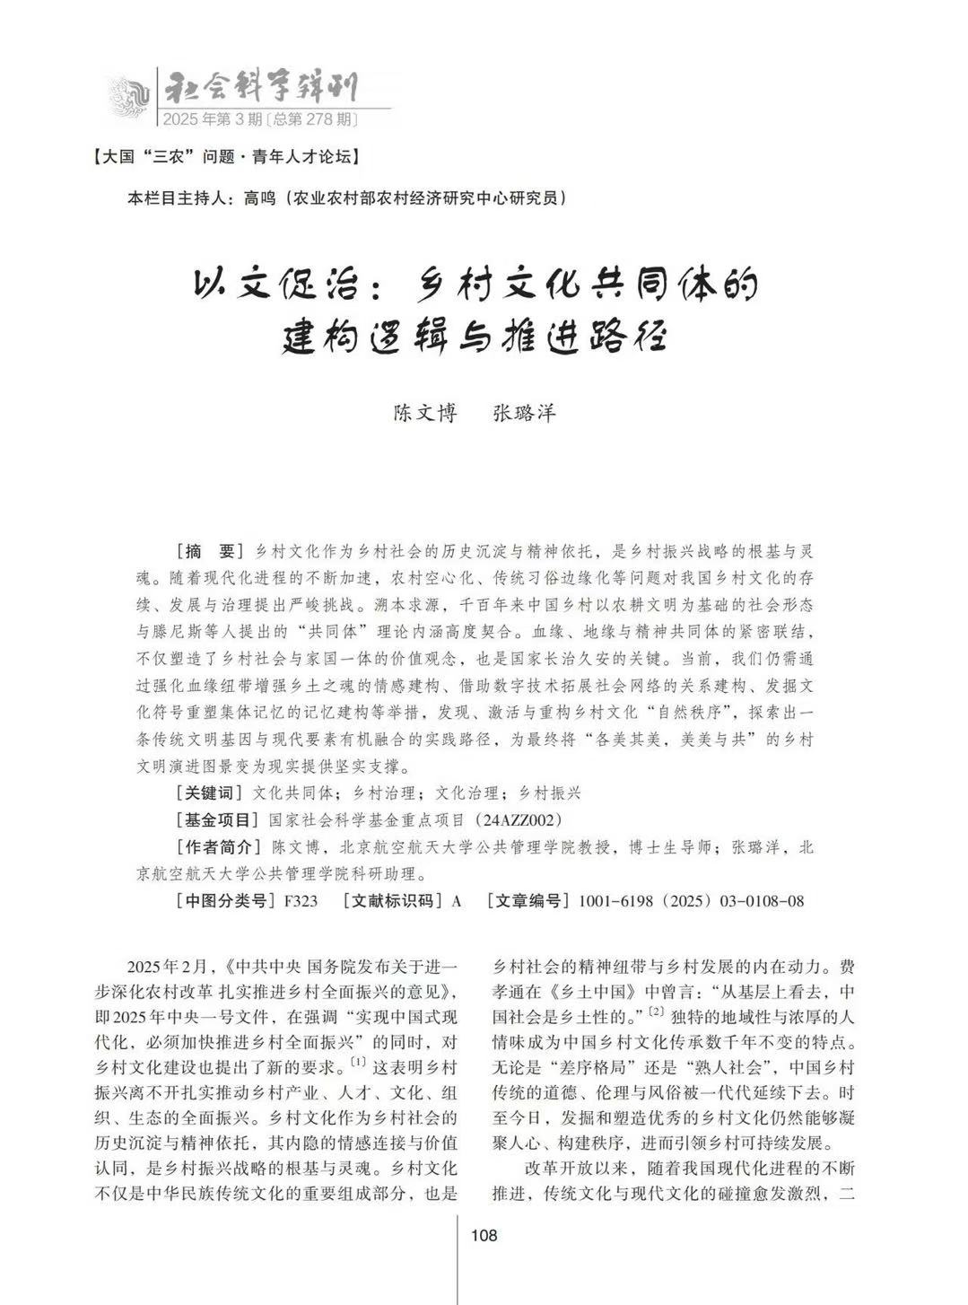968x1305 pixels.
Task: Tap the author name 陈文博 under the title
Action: click(x=425, y=413)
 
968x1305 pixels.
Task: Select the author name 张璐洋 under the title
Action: click(x=525, y=413)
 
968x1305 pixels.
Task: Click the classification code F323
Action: click(x=300, y=901)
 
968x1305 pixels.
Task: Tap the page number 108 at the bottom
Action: click(x=484, y=1236)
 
